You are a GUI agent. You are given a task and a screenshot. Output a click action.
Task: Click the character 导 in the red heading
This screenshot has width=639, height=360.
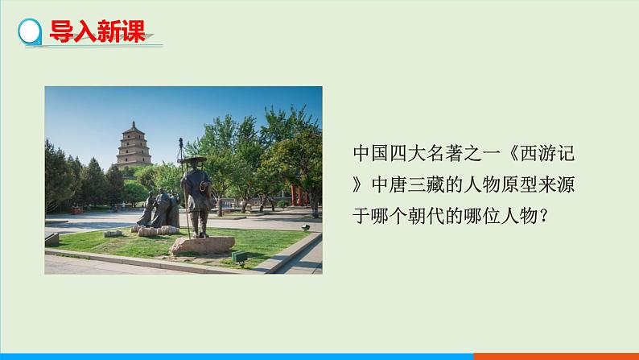point(61,31)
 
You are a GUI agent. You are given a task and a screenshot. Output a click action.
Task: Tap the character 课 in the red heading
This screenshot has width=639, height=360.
point(134,31)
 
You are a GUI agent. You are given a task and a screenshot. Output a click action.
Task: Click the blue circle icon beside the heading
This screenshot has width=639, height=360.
point(30,31)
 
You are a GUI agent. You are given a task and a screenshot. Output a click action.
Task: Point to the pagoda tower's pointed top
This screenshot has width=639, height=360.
point(134,123)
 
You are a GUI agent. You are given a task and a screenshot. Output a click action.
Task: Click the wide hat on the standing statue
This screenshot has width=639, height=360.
point(194,159)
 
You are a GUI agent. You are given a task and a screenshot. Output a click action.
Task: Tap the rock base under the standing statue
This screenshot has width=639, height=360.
point(203,246)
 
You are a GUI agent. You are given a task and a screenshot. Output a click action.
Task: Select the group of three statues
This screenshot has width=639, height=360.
point(161,209)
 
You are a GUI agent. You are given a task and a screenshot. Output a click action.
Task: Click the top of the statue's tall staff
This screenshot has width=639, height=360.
point(181,141)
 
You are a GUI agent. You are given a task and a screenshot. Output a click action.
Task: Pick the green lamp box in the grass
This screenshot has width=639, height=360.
point(239,257)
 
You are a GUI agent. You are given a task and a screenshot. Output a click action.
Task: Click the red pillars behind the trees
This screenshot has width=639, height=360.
point(299,196)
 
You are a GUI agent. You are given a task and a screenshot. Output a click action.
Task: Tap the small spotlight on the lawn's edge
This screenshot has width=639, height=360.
point(306,227)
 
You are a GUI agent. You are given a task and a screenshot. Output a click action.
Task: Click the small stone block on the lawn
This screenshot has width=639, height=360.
point(113,234)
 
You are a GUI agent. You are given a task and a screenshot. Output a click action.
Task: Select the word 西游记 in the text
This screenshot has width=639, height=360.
point(547,154)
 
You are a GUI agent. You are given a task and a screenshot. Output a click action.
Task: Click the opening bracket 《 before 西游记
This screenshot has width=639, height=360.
point(510,154)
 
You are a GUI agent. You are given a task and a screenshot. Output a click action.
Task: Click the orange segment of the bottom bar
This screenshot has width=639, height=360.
point(556,357)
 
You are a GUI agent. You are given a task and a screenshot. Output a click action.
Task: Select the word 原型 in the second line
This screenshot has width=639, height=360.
point(520,184)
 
